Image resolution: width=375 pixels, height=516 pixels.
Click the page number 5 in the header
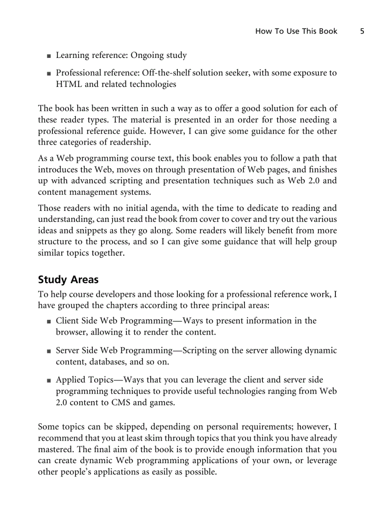[362, 31]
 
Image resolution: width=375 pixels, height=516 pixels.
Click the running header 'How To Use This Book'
[296, 31]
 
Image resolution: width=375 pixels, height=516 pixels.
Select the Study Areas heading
[68, 279]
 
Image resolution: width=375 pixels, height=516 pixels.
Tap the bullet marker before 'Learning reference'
[49, 56]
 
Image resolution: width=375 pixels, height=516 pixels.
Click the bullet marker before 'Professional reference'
[49, 74]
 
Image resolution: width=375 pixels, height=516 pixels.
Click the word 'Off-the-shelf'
[170, 73]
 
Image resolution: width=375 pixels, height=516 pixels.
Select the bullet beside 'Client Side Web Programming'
[49, 322]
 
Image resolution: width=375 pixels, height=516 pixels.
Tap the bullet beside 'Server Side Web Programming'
[49, 352]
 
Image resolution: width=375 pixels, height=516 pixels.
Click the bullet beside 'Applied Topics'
[49, 381]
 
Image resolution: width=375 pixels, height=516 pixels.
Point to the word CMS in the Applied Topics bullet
[120, 403]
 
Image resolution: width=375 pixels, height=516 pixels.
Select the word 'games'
[163, 403]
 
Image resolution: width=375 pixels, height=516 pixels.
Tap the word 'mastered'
[55, 449]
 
